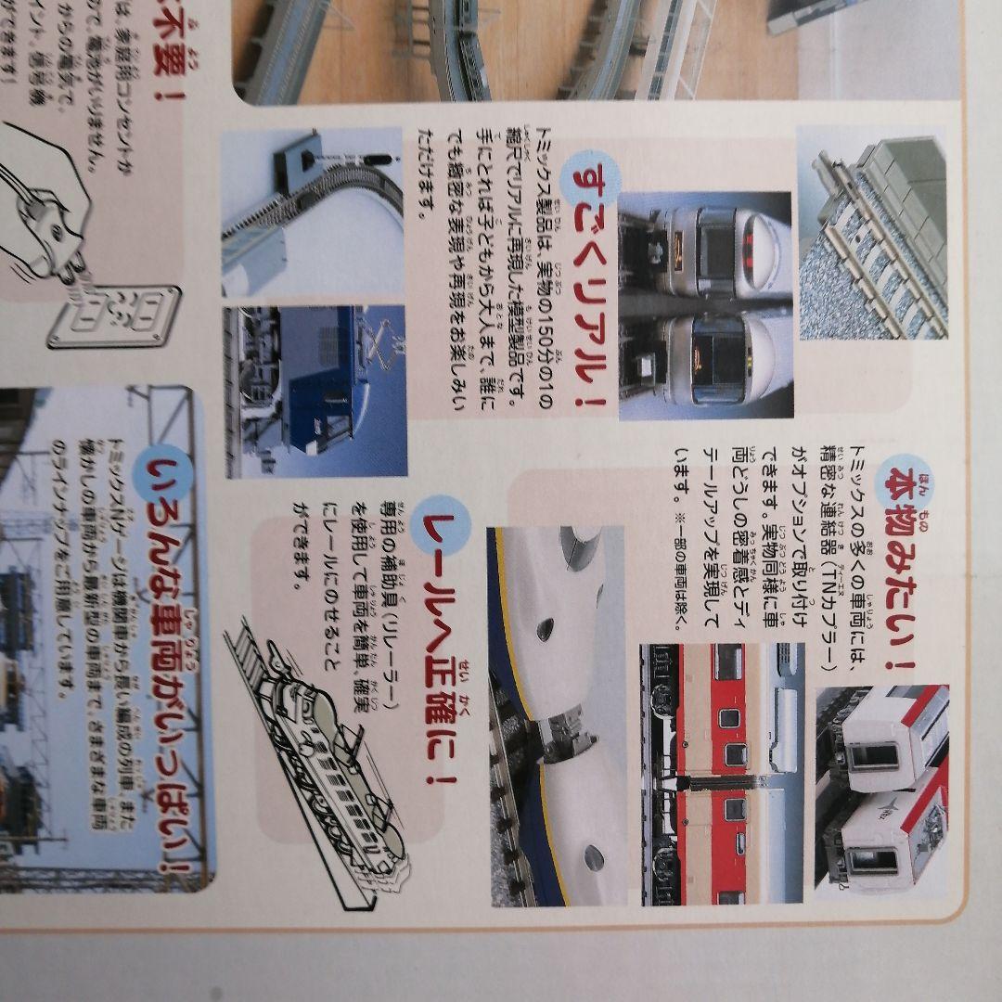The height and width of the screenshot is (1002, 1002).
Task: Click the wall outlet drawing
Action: tap(114, 315)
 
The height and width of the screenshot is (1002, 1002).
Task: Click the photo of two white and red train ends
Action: tap(881, 789)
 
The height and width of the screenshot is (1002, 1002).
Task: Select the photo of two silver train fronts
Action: tap(705, 306)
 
